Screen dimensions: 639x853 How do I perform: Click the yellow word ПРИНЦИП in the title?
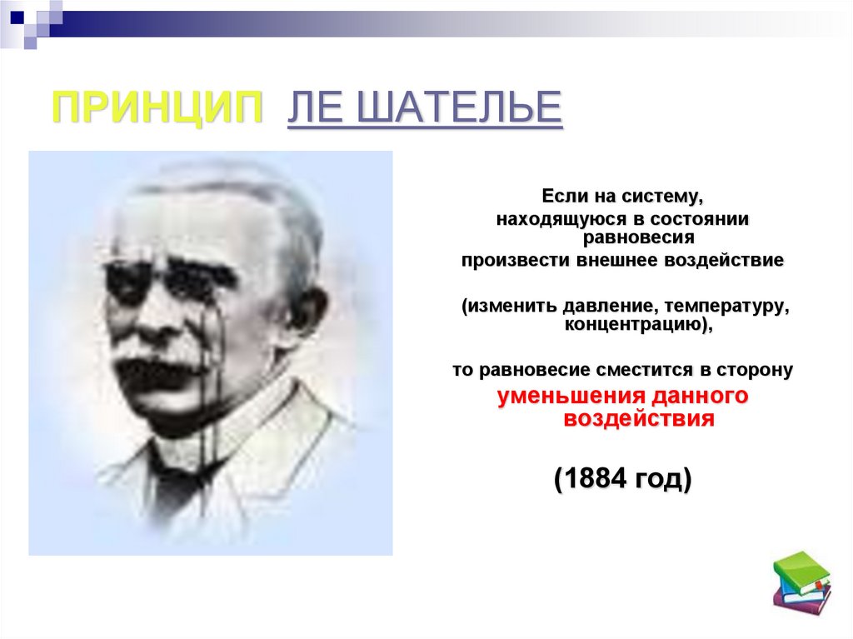[x=157, y=108]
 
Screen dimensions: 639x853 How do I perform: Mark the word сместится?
[x=638, y=369]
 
